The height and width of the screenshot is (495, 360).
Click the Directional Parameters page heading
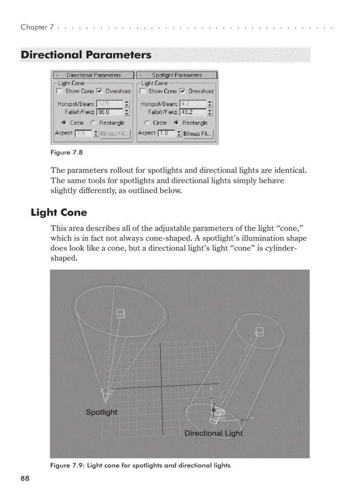click(x=86, y=55)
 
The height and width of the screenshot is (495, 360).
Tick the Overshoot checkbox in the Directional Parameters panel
click(x=99, y=91)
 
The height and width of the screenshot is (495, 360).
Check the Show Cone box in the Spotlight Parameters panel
click(x=142, y=91)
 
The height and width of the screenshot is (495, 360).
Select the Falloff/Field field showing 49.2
click(x=192, y=112)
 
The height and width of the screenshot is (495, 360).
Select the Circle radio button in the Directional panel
click(x=64, y=123)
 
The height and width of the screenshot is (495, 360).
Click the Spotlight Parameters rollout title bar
click(x=177, y=75)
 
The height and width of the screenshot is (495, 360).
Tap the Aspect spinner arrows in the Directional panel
click(x=96, y=133)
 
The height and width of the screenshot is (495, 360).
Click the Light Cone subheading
click(x=59, y=212)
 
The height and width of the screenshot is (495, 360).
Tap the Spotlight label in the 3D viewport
click(x=101, y=412)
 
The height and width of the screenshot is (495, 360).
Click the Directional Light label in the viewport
click(x=214, y=433)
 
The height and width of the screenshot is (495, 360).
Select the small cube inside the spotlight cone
click(x=120, y=313)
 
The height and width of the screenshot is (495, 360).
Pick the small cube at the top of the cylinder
click(x=260, y=331)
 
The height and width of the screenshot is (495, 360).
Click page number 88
click(x=25, y=479)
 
